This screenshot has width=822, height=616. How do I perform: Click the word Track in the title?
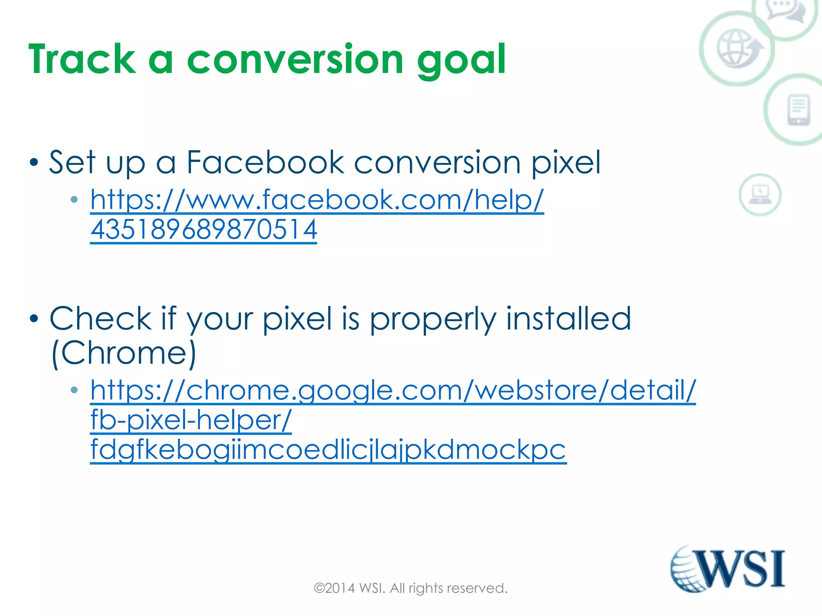tap(82, 59)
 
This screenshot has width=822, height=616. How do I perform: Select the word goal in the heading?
tap(461, 60)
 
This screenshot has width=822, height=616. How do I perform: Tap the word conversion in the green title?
tap(295, 59)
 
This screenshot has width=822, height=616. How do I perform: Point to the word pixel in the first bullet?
tap(566, 163)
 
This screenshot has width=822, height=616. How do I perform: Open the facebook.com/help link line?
tap(317, 199)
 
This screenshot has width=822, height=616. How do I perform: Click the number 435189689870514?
tap(203, 229)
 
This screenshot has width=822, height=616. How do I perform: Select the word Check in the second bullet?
tap(100, 318)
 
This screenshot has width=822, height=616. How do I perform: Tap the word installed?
tap(568, 318)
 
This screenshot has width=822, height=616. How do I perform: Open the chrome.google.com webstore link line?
tap(393, 390)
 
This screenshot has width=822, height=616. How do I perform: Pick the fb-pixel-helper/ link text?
tap(191, 420)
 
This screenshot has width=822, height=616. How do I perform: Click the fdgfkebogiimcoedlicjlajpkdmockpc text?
tap(328, 450)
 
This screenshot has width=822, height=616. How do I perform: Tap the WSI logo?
tap(728, 569)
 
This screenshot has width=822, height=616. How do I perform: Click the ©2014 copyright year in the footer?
tap(334, 588)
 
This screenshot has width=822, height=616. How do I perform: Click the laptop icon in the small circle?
tap(760, 195)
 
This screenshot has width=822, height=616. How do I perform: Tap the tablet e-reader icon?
tap(798, 110)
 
